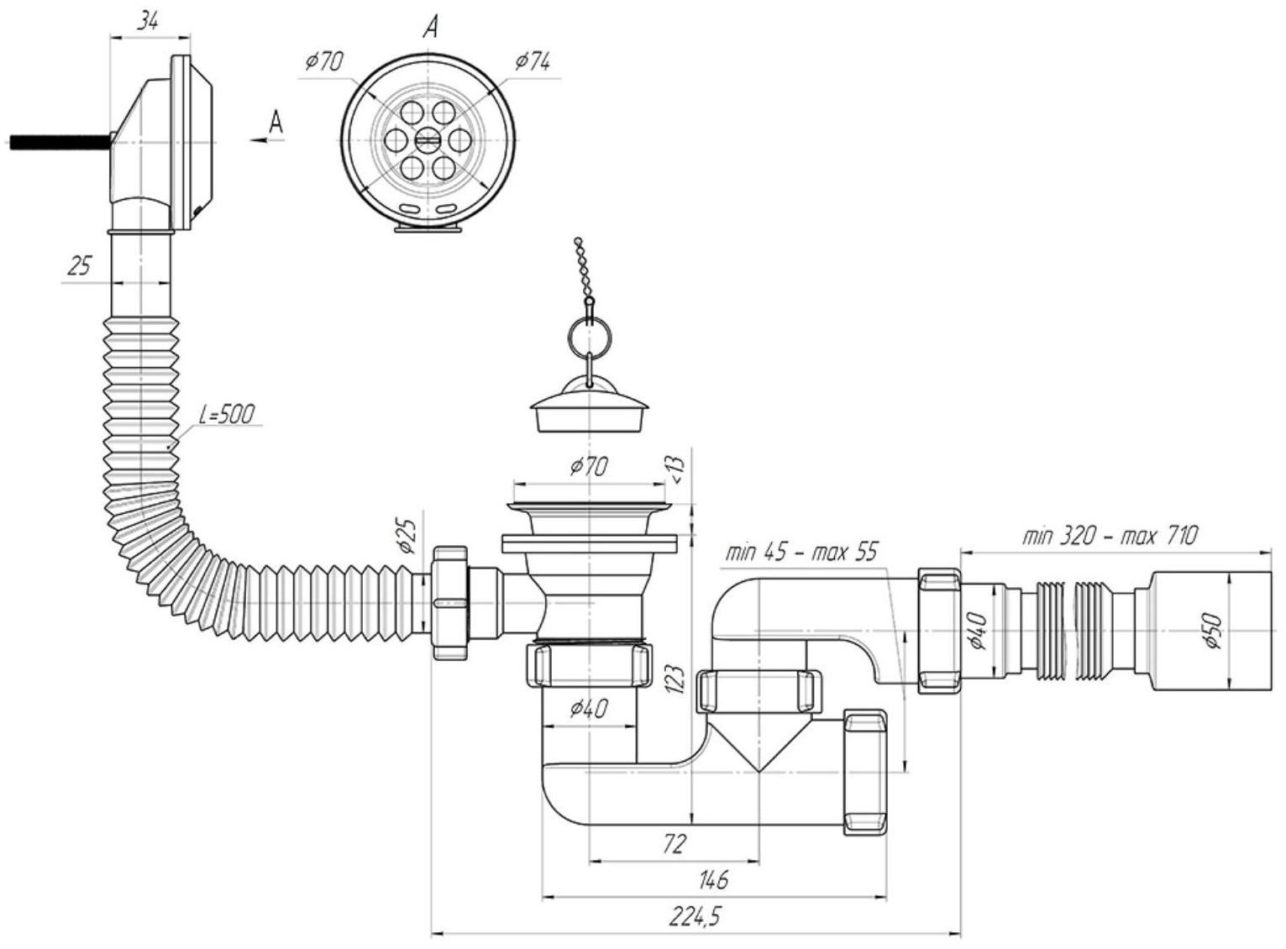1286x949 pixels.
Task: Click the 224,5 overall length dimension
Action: coord(695,917)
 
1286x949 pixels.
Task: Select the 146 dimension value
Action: coord(713,880)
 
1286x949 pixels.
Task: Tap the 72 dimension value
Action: coord(674,844)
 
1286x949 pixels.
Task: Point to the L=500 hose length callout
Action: coord(226,415)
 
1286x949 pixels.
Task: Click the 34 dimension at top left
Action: coord(149,22)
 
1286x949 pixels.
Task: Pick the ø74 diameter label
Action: coord(533,60)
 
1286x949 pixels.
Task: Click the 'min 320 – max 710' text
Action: coord(1109,536)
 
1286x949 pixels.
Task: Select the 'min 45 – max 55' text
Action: coord(802,551)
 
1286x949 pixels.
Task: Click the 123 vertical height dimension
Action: coord(677,680)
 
